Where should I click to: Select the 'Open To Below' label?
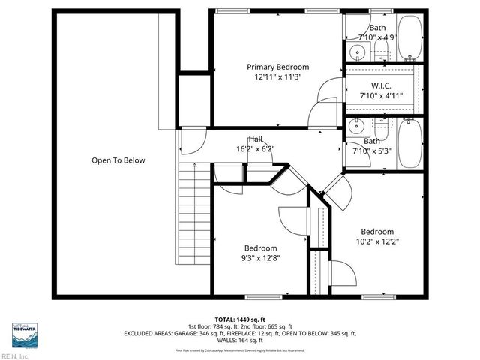pyautogui.click(x=118, y=160)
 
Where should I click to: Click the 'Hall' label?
pyautogui.click(x=256, y=139)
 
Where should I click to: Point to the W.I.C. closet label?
pyautogui.click(x=381, y=85)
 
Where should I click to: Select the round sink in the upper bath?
pyautogui.click(x=358, y=52)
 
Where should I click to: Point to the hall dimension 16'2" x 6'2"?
pyautogui.click(x=256, y=149)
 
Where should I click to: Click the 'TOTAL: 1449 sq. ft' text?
pyautogui.click(x=239, y=318)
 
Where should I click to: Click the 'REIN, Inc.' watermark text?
pyautogui.click(x=14, y=355)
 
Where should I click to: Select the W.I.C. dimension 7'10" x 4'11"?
pyautogui.click(x=381, y=95)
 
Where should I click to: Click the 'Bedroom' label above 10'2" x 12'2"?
pyautogui.click(x=377, y=232)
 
